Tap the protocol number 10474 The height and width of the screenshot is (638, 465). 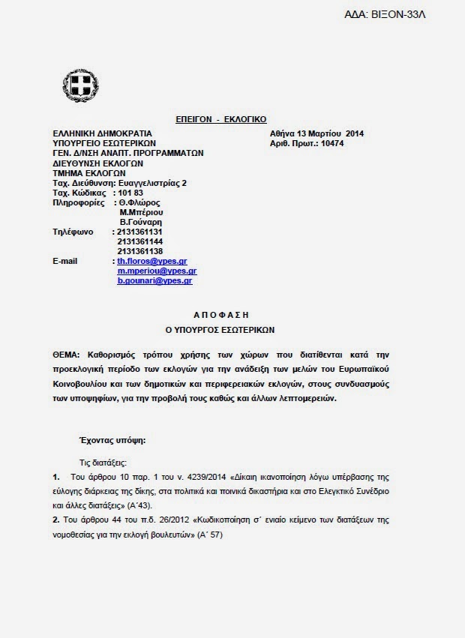pyautogui.click(x=334, y=143)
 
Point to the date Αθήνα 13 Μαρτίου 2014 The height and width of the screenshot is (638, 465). pyautogui.click(x=317, y=133)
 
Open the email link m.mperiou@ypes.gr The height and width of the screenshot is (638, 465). pyautogui.click(x=157, y=271)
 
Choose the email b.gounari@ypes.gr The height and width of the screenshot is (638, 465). pyautogui.click(x=154, y=280)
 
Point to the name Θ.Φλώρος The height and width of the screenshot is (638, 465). pyautogui.click(x=139, y=202)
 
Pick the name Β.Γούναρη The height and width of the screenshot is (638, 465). pyautogui.click(x=141, y=222)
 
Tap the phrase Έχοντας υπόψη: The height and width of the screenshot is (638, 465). pyautogui.click(x=112, y=441)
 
